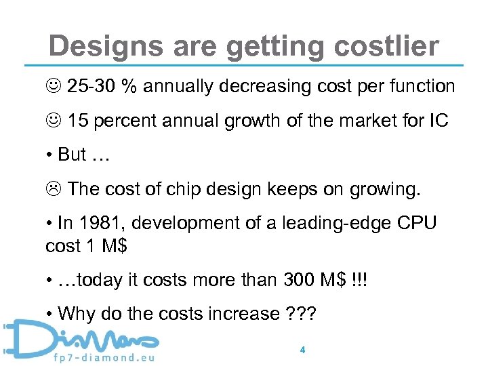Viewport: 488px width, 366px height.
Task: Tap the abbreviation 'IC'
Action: click(439, 121)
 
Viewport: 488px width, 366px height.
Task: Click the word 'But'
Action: click(73, 155)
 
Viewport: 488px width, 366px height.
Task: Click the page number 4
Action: click(302, 350)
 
